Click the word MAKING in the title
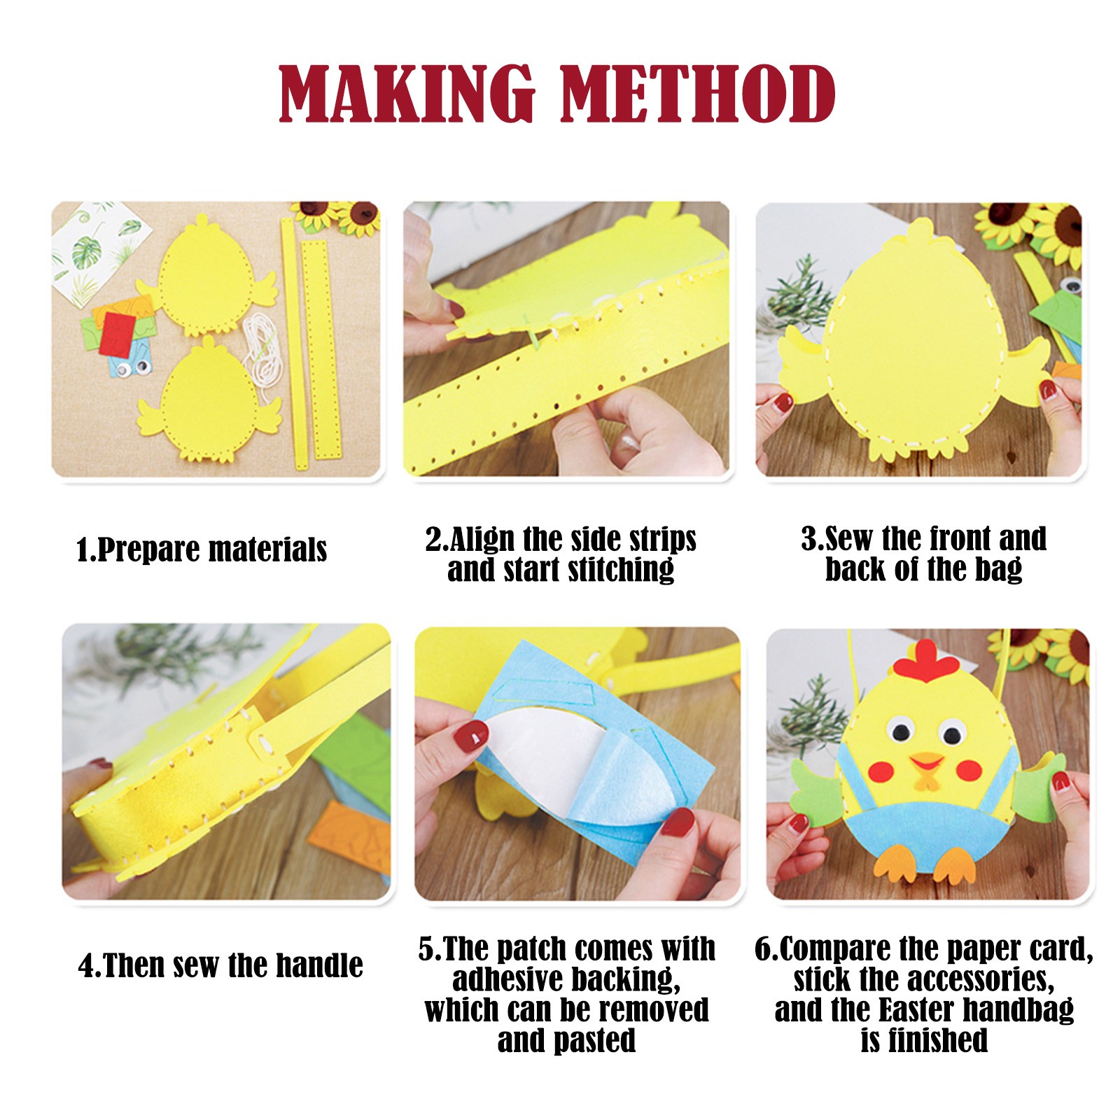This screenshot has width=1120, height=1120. click(407, 94)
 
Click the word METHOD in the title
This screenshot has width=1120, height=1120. click(698, 94)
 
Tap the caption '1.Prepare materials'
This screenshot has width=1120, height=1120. click(202, 550)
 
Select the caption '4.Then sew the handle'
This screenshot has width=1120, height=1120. click(220, 965)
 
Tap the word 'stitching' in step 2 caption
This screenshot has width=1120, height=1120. click(621, 570)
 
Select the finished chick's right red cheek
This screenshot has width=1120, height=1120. click(970, 769)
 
